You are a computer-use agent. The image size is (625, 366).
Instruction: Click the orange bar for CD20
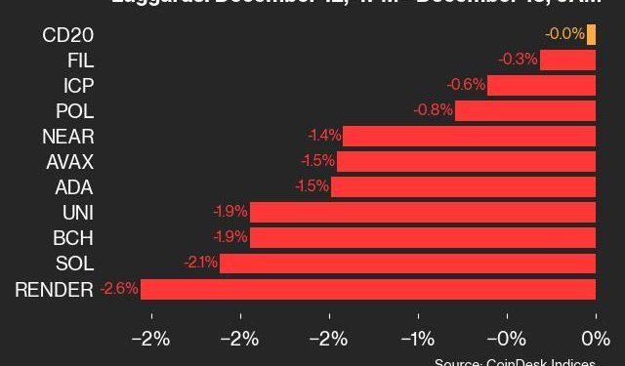pyautogui.click(x=592, y=35)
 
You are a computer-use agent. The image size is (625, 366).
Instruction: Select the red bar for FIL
pyautogui.click(x=567, y=61)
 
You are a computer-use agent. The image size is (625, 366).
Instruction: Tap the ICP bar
pyautogui.click(x=541, y=86)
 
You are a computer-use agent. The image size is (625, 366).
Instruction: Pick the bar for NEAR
pyautogui.click(x=469, y=136)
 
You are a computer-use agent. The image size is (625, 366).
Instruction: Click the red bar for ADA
pyautogui.click(x=463, y=186)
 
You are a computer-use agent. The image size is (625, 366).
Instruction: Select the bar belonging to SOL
pyautogui.click(x=407, y=263)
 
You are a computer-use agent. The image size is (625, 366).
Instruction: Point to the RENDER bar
pyautogui.click(x=368, y=288)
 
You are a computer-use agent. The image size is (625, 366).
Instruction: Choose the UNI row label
pyautogui.click(x=76, y=212)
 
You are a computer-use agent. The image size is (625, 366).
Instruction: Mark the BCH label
pyautogui.click(x=73, y=237)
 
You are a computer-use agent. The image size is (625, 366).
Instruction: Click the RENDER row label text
pyautogui.click(x=54, y=288)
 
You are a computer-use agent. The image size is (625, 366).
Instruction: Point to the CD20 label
pyautogui.click(x=68, y=35)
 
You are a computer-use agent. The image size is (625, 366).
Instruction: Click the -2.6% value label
pyautogui.click(x=119, y=288)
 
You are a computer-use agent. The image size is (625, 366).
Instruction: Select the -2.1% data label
pyautogui.click(x=200, y=263)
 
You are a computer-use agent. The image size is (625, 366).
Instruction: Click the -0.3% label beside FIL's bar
pyautogui.click(x=518, y=61)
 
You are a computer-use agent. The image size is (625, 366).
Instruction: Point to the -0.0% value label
pyautogui.click(x=565, y=35)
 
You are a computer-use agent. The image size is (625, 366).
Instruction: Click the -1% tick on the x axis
pyautogui.click(x=418, y=340)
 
